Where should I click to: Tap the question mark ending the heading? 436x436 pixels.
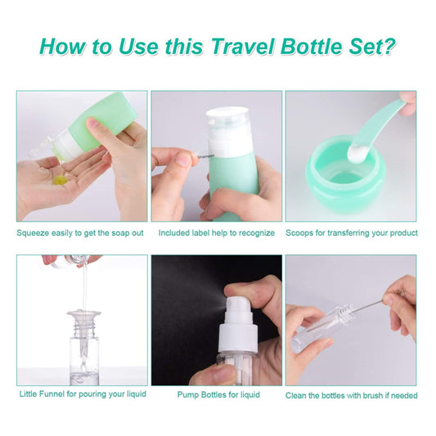(389, 46)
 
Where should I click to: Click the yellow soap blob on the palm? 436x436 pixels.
(60, 180)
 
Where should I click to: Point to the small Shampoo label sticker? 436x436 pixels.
(206, 156)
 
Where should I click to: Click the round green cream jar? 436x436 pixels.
(345, 175)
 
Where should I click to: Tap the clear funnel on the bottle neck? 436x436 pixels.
(83, 322)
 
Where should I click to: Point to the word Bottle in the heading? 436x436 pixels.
(312, 46)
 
